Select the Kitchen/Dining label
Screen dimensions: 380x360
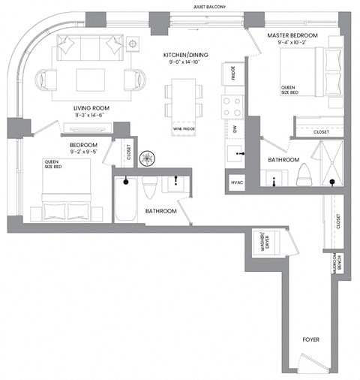click(x=184, y=55)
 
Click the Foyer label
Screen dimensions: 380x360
click(x=311, y=340)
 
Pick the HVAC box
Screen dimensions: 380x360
click(x=237, y=182)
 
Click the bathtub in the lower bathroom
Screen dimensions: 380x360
click(x=125, y=200)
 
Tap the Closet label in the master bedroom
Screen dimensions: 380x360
click(x=321, y=131)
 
